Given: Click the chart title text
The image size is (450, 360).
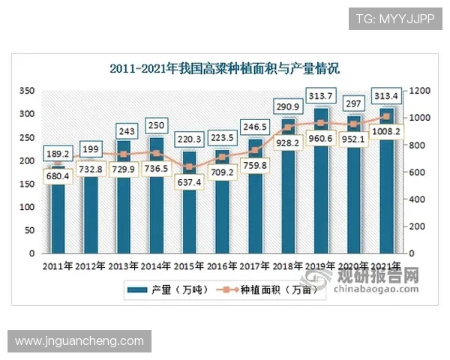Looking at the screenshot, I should (224, 70).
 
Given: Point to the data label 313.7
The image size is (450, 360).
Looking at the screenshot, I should (319, 94).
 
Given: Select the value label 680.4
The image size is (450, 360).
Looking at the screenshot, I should (57, 177).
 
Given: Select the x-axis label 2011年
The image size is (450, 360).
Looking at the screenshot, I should (57, 266).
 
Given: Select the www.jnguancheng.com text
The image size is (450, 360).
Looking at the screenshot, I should (79, 341).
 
